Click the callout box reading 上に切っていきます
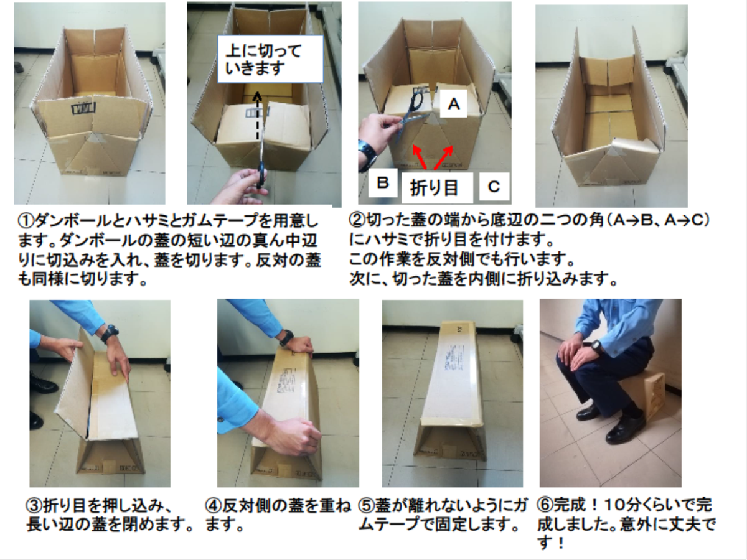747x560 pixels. click(x=270, y=59)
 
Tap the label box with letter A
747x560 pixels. click(x=453, y=104)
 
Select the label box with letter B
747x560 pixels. click(x=383, y=183)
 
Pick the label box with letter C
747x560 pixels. click(x=494, y=186)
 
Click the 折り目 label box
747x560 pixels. click(x=437, y=188)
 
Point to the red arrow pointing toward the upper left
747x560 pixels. click(x=420, y=156)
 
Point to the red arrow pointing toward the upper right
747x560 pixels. click(x=443, y=157)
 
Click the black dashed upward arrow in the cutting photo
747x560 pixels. click(x=257, y=116)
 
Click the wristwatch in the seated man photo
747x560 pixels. click(x=596, y=347)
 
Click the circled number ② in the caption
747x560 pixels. click(x=357, y=220)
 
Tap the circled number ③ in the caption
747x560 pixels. click(x=34, y=506)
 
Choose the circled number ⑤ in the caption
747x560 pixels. click(x=367, y=506)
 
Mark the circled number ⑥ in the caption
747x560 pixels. click(x=545, y=505)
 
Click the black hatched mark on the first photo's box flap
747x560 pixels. click(x=83, y=108)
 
